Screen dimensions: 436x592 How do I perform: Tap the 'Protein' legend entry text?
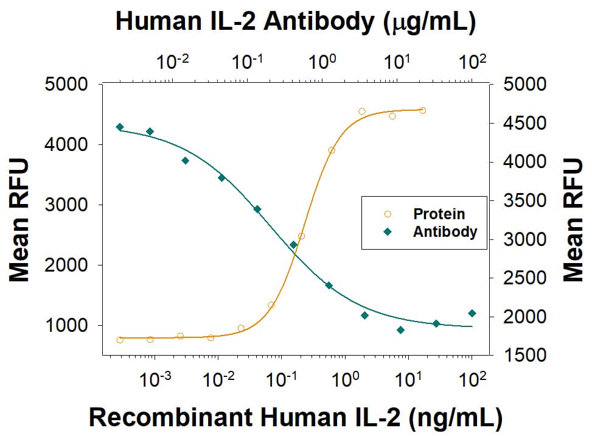tap(439, 214)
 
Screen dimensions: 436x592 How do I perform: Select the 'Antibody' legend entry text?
tap(445, 232)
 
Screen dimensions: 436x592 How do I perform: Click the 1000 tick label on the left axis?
tap(68, 326)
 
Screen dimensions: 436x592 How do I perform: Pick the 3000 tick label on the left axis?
tap(68, 205)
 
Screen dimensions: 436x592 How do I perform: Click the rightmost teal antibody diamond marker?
tap(472, 313)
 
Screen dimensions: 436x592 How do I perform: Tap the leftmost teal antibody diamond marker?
tap(120, 127)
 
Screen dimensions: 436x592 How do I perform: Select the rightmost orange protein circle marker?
tap(422, 110)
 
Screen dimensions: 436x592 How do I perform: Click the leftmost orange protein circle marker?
tap(120, 340)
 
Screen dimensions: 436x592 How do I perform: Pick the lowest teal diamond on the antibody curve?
tap(400, 330)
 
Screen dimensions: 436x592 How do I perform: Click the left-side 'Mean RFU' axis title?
tap(20, 220)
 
